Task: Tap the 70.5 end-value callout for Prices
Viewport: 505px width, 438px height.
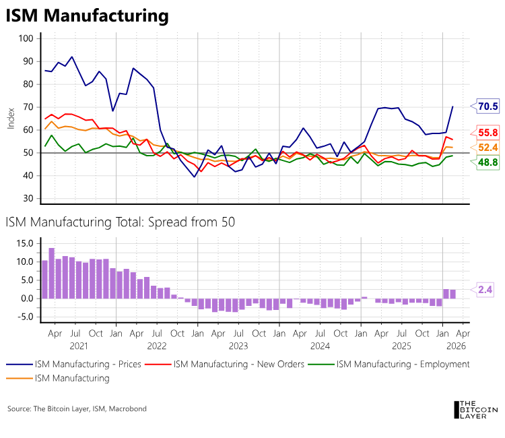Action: [487, 106]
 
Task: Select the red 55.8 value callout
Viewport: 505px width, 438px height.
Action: [487, 133]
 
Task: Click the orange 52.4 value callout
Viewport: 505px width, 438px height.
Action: [487, 148]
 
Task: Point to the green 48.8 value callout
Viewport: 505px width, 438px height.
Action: [487, 162]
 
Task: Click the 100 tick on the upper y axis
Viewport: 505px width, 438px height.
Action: [26, 38]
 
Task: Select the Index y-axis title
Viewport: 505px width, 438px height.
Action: [10, 119]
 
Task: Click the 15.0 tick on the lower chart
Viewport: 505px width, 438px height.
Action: [24, 243]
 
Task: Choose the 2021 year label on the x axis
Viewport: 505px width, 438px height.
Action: [79, 346]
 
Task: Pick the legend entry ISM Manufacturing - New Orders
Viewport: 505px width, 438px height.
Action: [239, 365]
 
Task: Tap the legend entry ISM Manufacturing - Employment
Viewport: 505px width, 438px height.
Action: [403, 365]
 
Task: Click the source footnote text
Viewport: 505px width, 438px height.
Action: [77, 408]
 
